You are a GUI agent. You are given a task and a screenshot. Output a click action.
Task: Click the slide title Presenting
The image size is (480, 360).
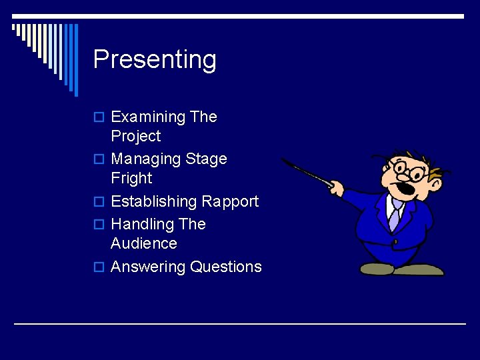point(155,59)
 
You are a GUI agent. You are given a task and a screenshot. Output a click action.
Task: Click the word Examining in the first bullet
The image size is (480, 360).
point(148,117)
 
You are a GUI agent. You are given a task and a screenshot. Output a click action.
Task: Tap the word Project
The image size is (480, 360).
point(135,136)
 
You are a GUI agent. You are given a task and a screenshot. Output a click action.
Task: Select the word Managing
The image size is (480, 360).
point(141,159)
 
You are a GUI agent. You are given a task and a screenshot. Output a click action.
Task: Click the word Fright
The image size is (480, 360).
point(131,179)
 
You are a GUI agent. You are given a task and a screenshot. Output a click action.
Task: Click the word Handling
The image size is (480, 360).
point(139,224)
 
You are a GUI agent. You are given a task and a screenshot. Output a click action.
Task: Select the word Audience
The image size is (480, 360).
point(143,243)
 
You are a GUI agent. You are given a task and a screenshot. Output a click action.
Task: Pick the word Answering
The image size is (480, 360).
point(148,267)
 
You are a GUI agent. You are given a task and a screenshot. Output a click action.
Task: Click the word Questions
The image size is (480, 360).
point(226,267)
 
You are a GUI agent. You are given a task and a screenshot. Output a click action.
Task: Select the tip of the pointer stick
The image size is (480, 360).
point(283,159)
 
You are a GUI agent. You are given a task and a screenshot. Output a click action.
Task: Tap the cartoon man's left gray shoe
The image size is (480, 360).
point(377,269)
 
